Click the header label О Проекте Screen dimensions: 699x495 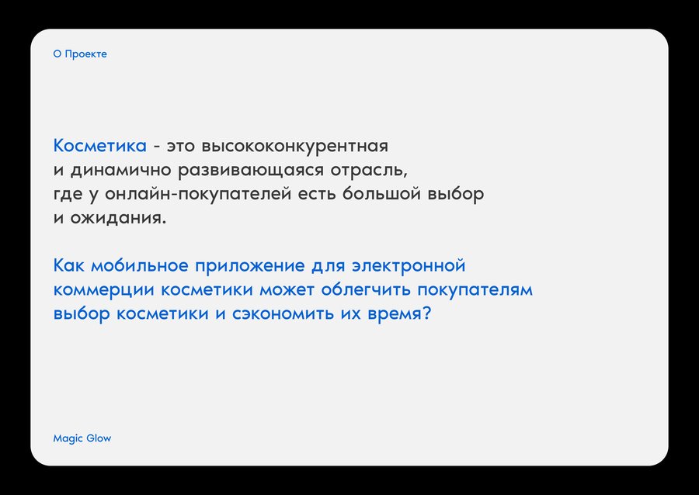coord(80,54)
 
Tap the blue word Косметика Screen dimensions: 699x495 coord(100,146)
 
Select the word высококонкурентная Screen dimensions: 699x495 coord(294,147)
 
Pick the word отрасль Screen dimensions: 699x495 coord(369,171)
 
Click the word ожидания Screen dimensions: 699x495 coord(118,219)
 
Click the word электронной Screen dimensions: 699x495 coord(409,266)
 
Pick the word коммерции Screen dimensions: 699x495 coord(104,290)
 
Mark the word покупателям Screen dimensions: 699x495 coord(475,290)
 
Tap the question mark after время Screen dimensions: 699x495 coord(426,313)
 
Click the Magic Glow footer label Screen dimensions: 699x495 coord(82,438)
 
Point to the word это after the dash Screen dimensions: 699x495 coord(181,147)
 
